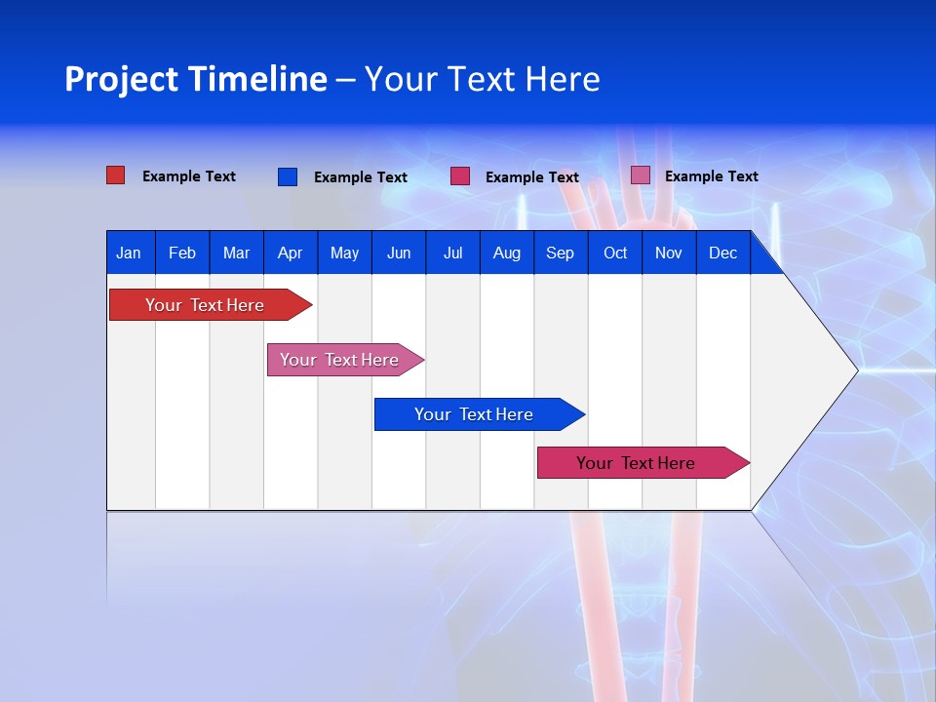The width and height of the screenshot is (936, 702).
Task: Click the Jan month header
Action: [x=129, y=253]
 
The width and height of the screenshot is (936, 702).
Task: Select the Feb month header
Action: [x=182, y=253]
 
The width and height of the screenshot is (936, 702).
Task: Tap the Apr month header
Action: [x=290, y=253]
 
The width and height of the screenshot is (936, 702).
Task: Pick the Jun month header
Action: [x=399, y=253]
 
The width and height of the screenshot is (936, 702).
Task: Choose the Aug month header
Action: [x=506, y=253]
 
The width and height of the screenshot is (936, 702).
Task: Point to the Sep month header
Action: [x=560, y=253]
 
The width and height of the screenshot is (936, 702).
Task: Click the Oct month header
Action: [x=615, y=253]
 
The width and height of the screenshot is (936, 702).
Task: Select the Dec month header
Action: [x=722, y=253]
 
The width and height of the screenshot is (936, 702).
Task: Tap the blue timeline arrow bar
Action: [x=475, y=414]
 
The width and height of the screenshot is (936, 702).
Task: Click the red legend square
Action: [x=116, y=175]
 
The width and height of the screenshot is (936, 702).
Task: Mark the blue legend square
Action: [x=288, y=176]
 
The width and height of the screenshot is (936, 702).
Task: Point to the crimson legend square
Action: [x=460, y=176]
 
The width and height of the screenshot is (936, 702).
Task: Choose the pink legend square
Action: [x=641, y=175]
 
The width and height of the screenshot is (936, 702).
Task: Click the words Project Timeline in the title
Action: [x=196, y=79]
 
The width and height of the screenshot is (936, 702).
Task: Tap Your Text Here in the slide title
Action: [x=483, y=79]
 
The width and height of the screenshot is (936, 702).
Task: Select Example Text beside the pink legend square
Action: [x=711, y=176]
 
